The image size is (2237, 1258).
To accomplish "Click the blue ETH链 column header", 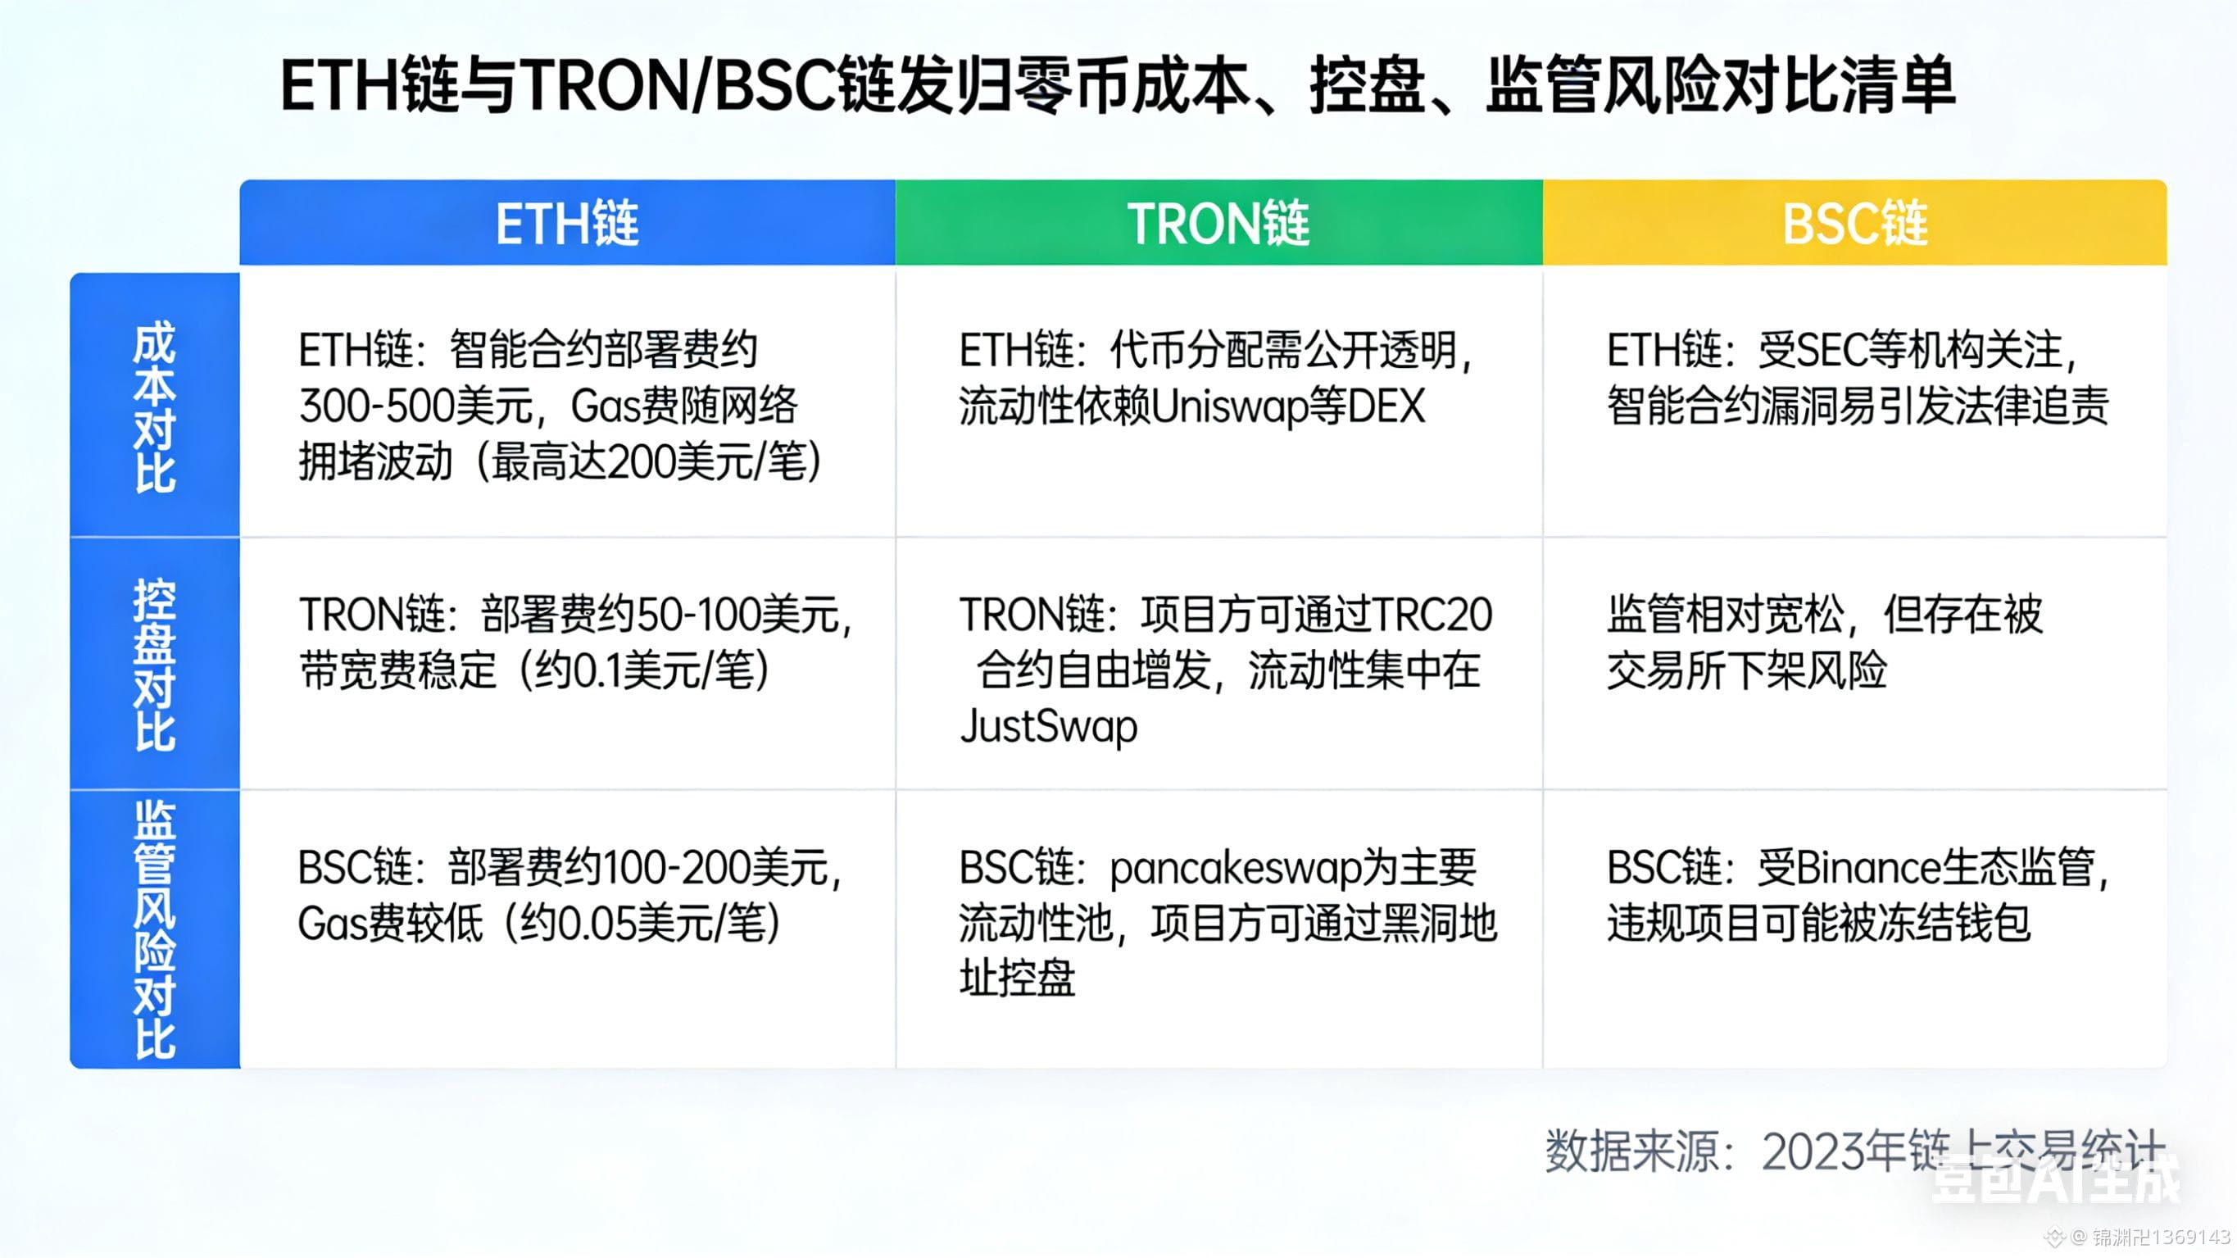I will pos(567,223).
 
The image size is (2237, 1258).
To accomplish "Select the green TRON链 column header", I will pos(1218,223).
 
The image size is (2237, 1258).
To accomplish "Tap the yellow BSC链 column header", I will pos(1855,223).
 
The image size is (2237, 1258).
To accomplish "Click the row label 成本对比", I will pos(155,406).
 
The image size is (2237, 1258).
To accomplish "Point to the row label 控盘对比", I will pos(155,664).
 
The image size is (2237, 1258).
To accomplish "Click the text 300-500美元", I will pos(415,406).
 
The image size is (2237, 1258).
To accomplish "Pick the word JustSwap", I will pos(1048,726).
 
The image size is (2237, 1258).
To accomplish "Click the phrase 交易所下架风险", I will pos(1746,670).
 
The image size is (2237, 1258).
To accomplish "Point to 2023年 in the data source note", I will pos(1832,1153).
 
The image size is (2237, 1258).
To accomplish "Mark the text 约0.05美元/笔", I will pos(642,924).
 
